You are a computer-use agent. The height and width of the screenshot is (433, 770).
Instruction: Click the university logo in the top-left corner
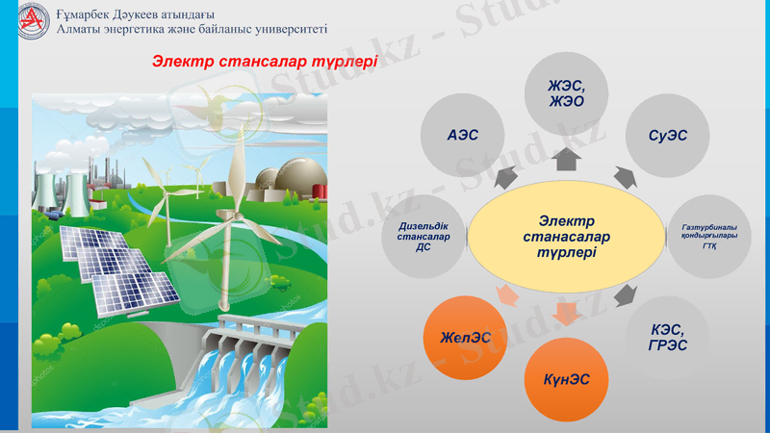coord(32,21)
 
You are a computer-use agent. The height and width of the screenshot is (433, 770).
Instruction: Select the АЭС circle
coord(462,136)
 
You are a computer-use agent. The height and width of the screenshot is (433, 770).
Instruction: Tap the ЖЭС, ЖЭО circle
coord(566,94)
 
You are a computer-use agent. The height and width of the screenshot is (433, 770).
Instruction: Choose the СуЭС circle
coord(668,136)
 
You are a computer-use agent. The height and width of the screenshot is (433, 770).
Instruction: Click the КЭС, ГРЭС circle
coord(668,338)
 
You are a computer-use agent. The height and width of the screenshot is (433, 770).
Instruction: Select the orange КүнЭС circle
coord(567,378)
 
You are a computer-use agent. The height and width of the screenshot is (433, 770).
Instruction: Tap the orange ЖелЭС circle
coord(466,338)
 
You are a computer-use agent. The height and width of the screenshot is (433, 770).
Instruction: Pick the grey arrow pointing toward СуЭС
coord(625,177)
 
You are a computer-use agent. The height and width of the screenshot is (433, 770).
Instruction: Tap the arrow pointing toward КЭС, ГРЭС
coord(626,294)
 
